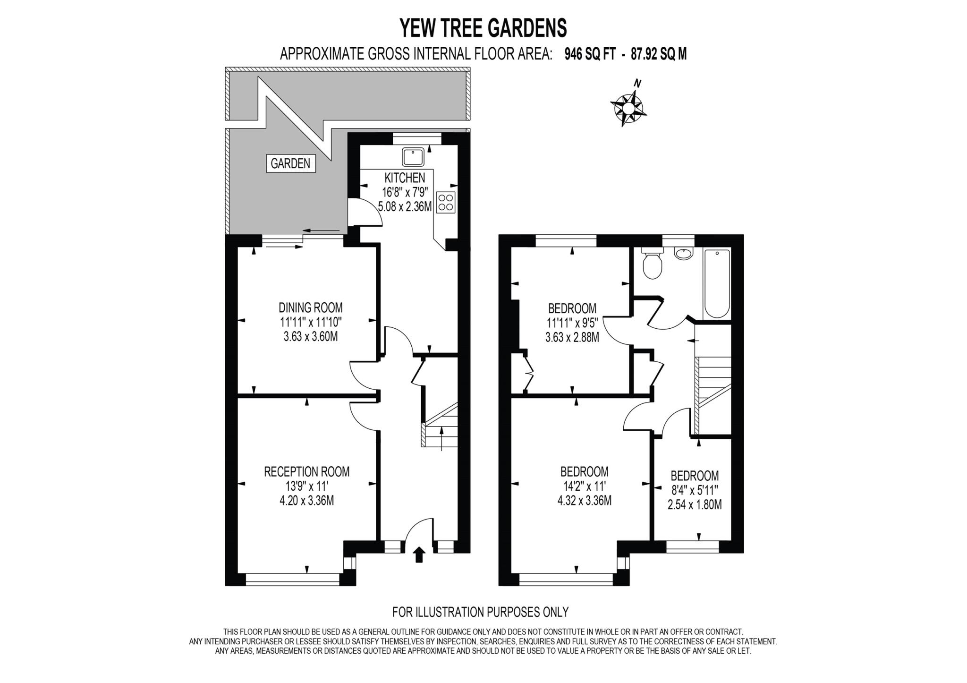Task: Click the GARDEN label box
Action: tap(290, 163)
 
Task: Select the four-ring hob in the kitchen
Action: tap(446, 202)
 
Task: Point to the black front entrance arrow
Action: tap(419, 555)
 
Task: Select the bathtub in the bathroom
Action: tap(717, 283)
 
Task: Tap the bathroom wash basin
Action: tap(683, 254)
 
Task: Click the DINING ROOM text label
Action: tap(310, 308)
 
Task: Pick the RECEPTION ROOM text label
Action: tap(306, 471)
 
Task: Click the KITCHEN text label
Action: tap(405, 178)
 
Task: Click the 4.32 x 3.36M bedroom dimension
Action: tap(584, 500)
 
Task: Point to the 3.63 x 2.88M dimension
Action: tap(572, 337)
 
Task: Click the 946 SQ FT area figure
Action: tap(590, 54)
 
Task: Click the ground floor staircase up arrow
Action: tap(441, 438)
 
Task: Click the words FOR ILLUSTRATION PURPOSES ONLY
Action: tap(480, 612)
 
